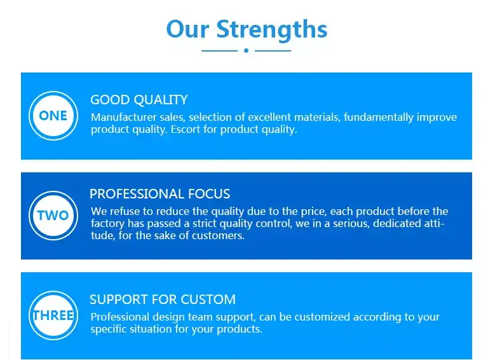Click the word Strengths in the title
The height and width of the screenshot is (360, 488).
[272, 29]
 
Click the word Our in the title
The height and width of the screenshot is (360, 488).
[187, 29]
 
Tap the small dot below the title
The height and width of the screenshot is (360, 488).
[246, 50]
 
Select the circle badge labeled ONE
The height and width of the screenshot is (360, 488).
[53, 116]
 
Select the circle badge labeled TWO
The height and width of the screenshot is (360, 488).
[53, 216]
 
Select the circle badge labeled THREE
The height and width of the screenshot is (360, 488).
[53, 315]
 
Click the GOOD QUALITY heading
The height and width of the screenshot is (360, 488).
[139, 100]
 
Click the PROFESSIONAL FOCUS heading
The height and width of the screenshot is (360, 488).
[160, 194]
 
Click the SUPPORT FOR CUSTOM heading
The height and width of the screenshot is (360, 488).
[163, 300]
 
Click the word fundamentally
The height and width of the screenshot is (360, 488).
[383, 118]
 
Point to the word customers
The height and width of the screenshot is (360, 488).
[221, 235]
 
